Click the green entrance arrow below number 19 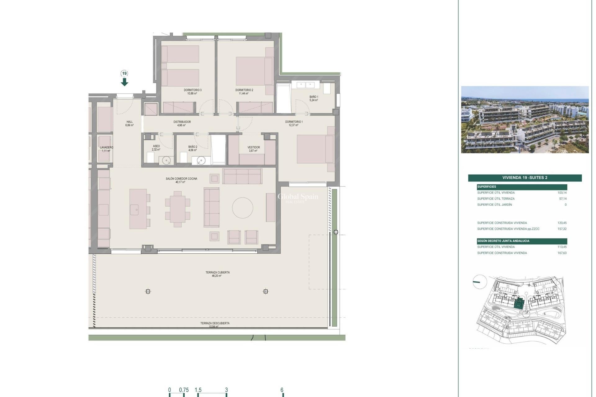[x=124, y=82]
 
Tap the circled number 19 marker [x=124, y=74]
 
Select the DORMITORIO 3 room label [x=192, y=91]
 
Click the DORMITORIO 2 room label [x=244, y=91]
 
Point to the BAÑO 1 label [x=314, y=98]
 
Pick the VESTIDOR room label [x=254, y=149]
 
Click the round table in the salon [x=242, y=207]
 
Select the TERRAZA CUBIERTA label [x=217, y=274]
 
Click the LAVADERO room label [x=106, y=149]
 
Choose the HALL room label [x=129, y=123]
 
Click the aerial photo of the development [x=525, y=120]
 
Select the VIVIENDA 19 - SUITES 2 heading [x=525, y=178]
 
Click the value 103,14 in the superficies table [x=562, y=193]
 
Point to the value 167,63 [x=562, y=253]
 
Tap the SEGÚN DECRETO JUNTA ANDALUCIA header [x=503, y=241]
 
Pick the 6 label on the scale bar [x=282, y=390]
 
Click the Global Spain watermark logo [x=298, y=197]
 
